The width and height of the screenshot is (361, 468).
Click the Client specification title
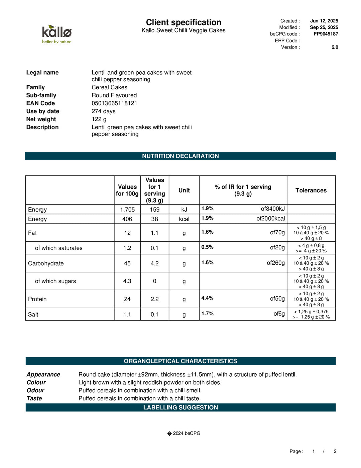(x=184, y=22)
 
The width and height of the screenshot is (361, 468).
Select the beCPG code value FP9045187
(x=326, y=34)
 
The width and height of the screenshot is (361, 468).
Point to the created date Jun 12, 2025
(x=324, y=21)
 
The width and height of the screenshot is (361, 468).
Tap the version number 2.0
(x=335, y=47)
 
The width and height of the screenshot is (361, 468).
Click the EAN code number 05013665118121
(x=114, y=103)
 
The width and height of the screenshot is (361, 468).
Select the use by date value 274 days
(x=104, y=111)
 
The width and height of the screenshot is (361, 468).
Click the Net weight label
(x=41, y=119)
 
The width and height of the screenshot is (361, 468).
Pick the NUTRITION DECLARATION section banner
(x=180, y=156)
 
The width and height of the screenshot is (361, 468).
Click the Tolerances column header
(x=311, y=190)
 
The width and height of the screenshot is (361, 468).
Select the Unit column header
(x=184, y=190)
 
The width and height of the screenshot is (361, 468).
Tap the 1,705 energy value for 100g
(x=127, y=210)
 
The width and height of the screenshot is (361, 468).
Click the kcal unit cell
(x=184, y=219)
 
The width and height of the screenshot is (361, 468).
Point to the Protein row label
(x=37, y=299)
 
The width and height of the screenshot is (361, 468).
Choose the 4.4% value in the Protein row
(x=207, y=298)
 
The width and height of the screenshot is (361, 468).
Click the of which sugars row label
(x=55, y=281)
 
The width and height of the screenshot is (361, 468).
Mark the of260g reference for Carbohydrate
(x=275, y=263)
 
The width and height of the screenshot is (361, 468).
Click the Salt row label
(x=33, y=314)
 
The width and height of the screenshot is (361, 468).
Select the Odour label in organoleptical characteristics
(x=35, y=390)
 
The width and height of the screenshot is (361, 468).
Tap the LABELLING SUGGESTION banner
(x=180, y=407)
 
